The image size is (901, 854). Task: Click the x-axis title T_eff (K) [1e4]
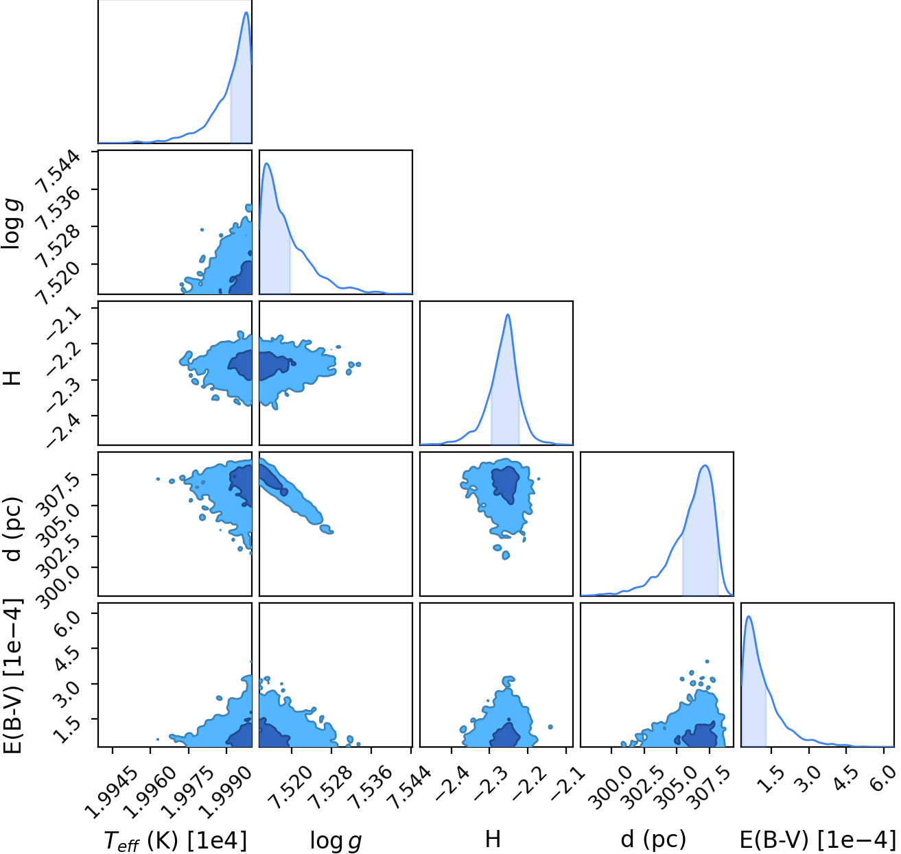176,840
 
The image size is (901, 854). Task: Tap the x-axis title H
493,840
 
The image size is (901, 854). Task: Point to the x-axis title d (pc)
653,840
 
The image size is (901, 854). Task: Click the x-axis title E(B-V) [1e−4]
817,840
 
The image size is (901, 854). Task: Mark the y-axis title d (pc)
12,529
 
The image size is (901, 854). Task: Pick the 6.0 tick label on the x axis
882,779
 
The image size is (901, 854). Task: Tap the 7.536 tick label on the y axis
58,208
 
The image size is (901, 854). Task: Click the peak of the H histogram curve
508,314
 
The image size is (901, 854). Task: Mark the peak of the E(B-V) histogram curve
749,616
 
